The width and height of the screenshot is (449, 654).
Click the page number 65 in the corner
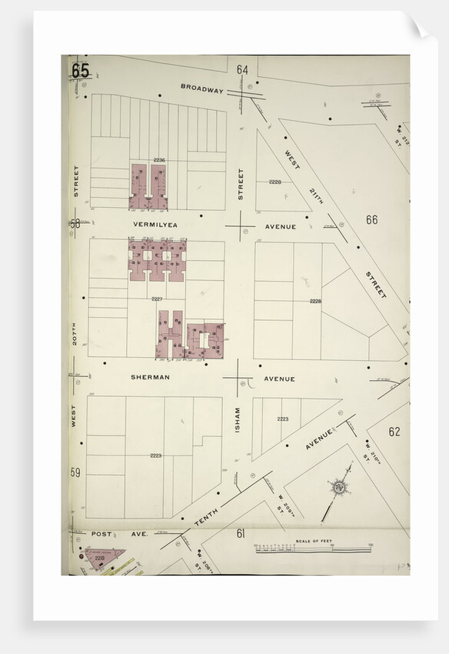[x=80, y=70]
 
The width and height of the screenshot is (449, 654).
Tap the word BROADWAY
[x=202, y=88]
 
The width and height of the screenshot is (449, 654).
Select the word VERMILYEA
[x=155, y=225]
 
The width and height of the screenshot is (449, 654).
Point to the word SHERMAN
[x=150, y=378]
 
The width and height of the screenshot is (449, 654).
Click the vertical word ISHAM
[x=238, y=419]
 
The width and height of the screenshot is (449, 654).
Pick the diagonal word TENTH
[x=206, y=516]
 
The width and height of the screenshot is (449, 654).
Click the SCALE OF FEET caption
[x=313, y=542]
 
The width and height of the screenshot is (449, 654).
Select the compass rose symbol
[x=338, y=486]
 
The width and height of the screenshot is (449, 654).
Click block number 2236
[x=158, y=159]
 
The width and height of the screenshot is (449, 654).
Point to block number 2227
[x=157, y=299]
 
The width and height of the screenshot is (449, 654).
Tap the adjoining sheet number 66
[x=371, y=220]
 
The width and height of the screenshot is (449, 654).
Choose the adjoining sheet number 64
[x=242, y=70]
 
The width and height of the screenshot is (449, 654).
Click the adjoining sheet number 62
[x=394, y=432]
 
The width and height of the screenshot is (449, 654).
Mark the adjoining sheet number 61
[x=241, y=533]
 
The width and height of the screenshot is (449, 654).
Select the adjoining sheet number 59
[x=75, y=472]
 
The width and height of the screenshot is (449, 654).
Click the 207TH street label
[x=75, y=332]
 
